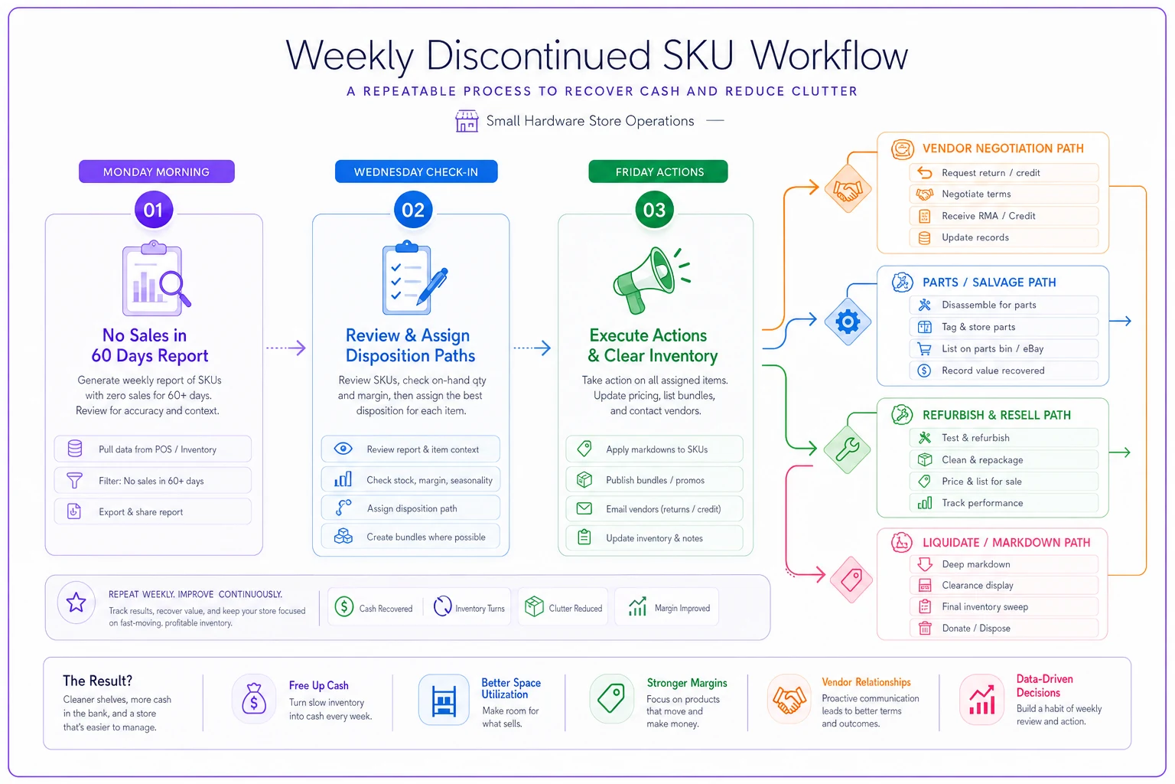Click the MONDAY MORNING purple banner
(156, 171)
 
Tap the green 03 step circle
(654, 210)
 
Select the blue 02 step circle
(413, 210)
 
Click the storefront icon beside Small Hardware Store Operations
(467, 121)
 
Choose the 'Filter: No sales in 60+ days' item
(153, 481)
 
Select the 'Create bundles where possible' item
(411, 537)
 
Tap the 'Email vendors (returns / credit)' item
(654, 509)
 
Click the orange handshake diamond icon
(848, 189)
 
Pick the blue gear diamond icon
(848, 322)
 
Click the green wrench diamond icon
(847, 449)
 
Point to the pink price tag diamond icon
(851, 580)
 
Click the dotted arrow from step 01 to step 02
(286, 348)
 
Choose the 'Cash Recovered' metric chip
(374, 608)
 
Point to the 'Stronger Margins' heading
(687, 683)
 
